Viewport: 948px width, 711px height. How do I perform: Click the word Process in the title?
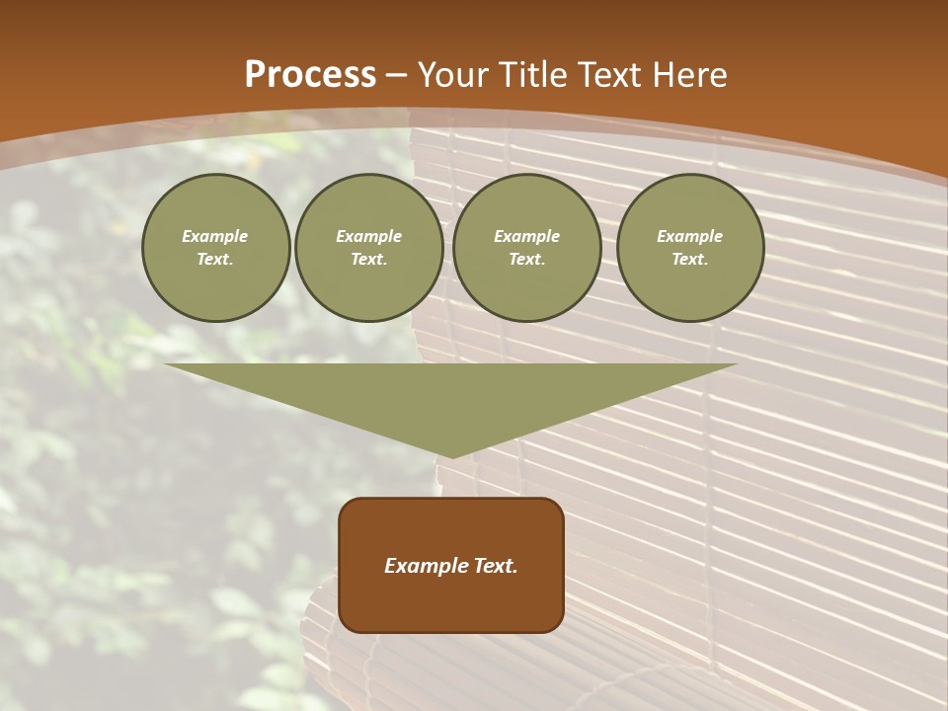point(310,75)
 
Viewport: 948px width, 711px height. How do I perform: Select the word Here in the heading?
point(688,75)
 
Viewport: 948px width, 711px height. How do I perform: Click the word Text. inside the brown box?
point(494,566)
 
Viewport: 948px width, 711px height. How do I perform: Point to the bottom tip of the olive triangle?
point(452,455)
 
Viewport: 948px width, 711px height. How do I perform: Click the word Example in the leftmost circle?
point(215,236)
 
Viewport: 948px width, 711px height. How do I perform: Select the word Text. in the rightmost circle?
point(690,259)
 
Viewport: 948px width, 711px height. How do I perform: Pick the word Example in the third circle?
point(527,236)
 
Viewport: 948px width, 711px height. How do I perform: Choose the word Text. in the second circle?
point(369,259)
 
